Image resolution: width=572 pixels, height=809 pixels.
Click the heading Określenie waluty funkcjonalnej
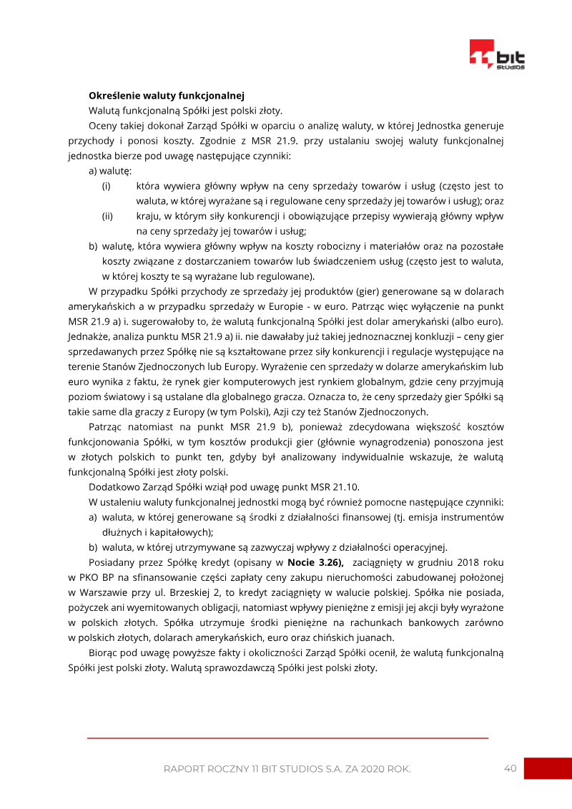167,95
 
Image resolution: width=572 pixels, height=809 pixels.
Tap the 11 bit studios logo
496,54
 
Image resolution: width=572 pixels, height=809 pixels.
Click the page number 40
510,768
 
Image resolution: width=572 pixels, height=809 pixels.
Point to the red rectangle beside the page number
548,768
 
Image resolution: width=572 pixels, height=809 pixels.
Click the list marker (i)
107,186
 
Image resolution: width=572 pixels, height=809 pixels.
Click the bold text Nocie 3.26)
315,562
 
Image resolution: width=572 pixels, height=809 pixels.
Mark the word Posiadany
113,562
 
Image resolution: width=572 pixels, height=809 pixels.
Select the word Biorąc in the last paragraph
104,652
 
